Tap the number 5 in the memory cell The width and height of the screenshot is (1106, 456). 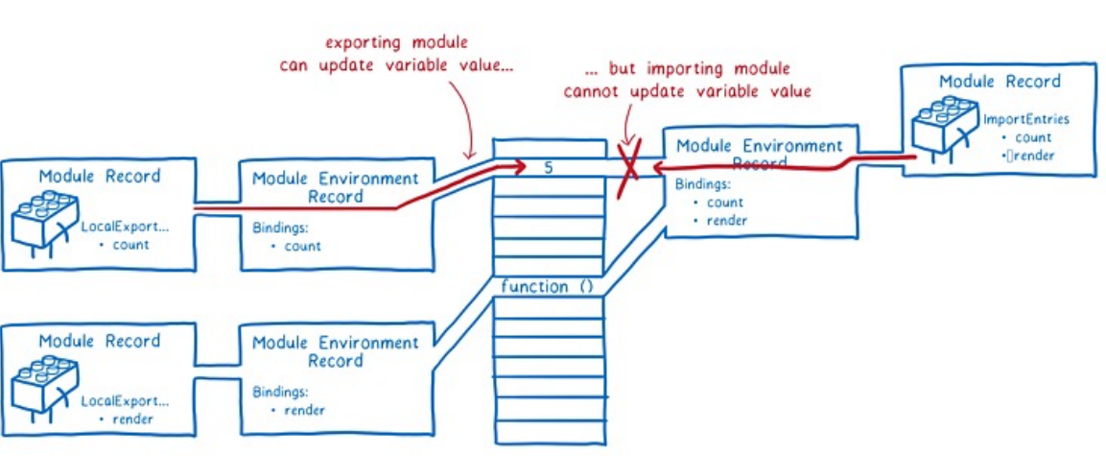coord(548,168)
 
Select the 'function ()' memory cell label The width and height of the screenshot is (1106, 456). coord(548,286)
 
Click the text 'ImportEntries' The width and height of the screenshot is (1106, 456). coord(1025,120)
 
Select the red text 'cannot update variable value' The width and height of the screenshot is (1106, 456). coord(688,92)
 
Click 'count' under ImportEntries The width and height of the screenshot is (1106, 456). coord(1032,137)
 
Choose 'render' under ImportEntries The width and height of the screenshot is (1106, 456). coord(1032,155)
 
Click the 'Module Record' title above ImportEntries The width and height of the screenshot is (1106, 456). coord(1000,82)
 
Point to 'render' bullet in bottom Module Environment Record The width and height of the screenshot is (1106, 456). coord(304,411)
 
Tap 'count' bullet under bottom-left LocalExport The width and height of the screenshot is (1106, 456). coord(129,245)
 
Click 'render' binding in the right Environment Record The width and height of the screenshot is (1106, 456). coord(727,221)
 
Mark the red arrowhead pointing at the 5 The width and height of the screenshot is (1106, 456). coord(518,169)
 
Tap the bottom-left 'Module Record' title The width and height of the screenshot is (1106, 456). coord(100,342)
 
